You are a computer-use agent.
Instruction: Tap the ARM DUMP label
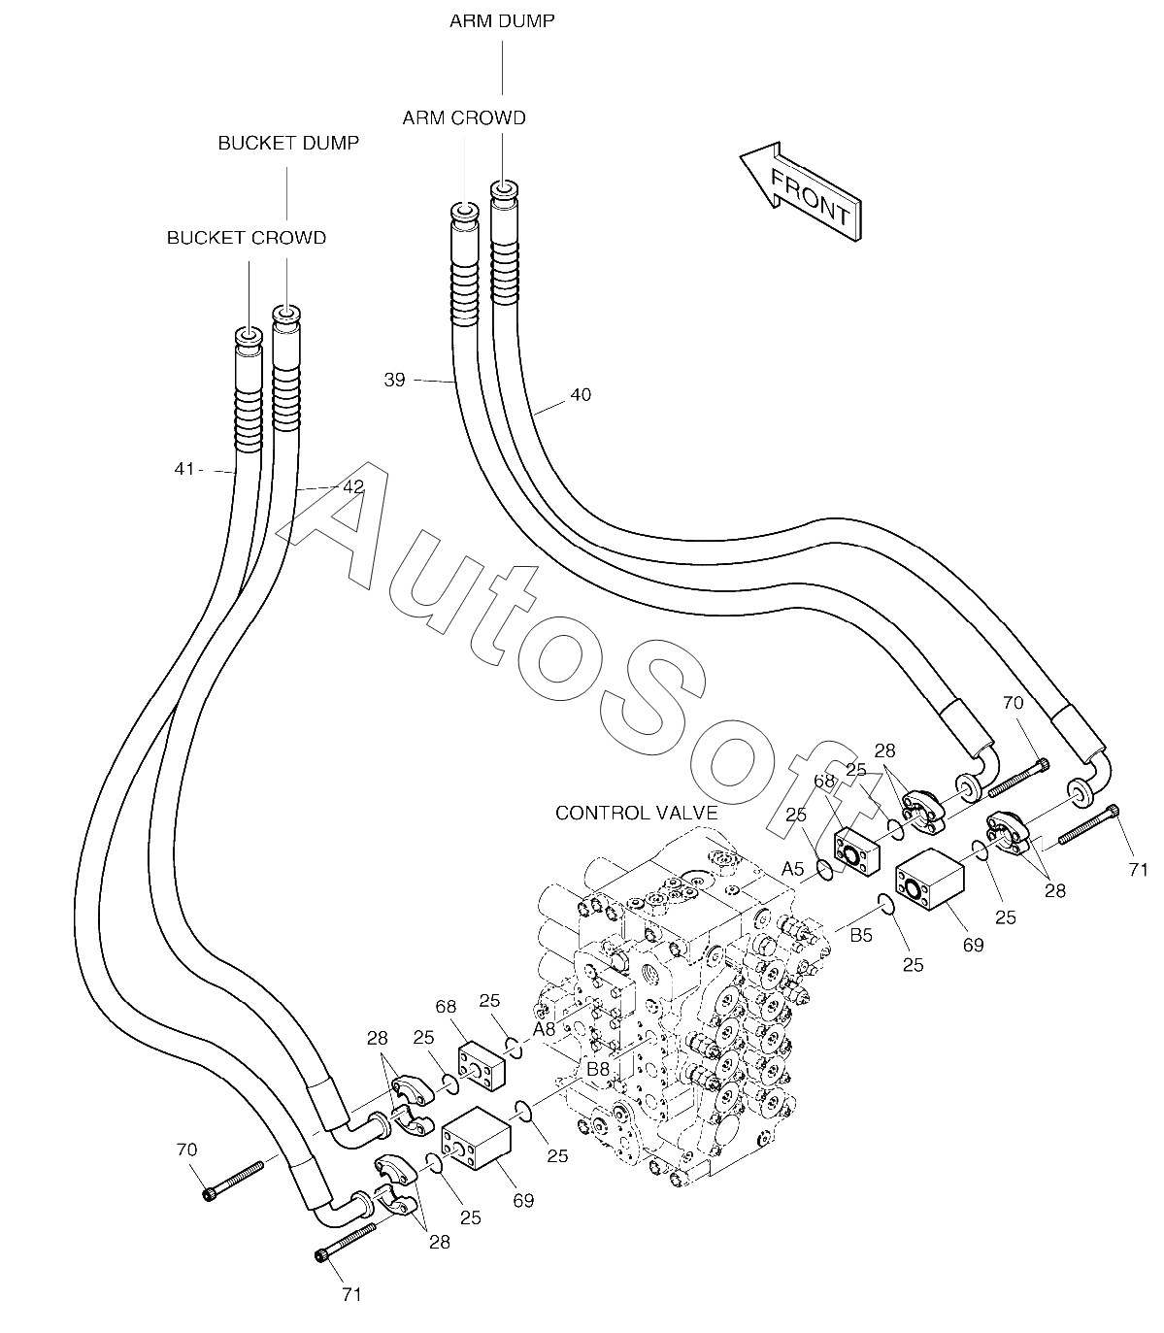tap(502, 20)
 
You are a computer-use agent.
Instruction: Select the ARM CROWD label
tap(464, 118)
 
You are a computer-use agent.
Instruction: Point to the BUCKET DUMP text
tap(288, 144)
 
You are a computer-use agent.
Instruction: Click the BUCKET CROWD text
tap(247, 238)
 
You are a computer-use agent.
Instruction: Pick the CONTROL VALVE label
tap(636, 813)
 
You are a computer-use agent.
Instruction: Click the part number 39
tap(394, 380)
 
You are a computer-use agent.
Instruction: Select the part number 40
tap(581, 395)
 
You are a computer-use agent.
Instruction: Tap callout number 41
tap(184, 469)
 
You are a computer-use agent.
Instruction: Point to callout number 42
tap(353, 486)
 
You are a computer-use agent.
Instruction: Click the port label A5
tap(793, 869)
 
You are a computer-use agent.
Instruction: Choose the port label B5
tap(861, 937)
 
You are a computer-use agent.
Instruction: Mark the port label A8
tap(544, 1028)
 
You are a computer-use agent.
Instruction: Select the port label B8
tap(598, 1069)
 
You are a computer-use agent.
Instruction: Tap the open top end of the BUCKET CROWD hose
tap(249, 336)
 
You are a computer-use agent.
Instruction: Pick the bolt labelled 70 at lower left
tap(235, 1178)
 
